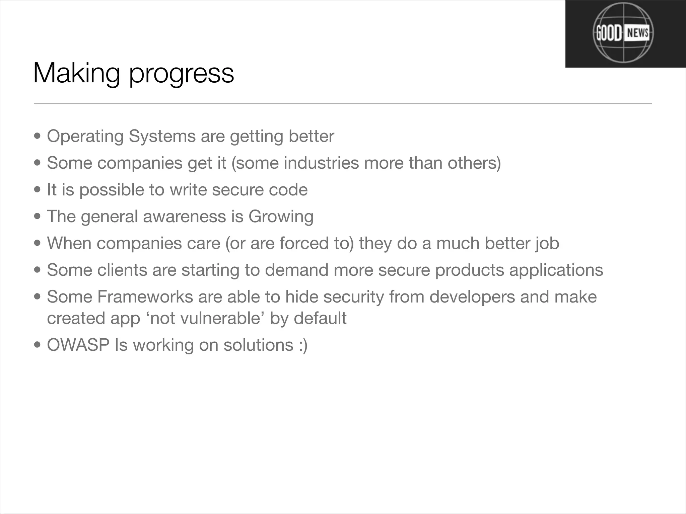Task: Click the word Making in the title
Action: (77, 73)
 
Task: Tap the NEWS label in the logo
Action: (637, 33)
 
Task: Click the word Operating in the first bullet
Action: (85, 137)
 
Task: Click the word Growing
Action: (281, 217)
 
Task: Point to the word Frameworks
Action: (145, 297)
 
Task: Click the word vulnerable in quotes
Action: (220, 318)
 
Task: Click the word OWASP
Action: (78, 345)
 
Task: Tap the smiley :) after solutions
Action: (302, 345)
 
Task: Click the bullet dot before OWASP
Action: (38, 345)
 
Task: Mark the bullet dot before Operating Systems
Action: (38, 137)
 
